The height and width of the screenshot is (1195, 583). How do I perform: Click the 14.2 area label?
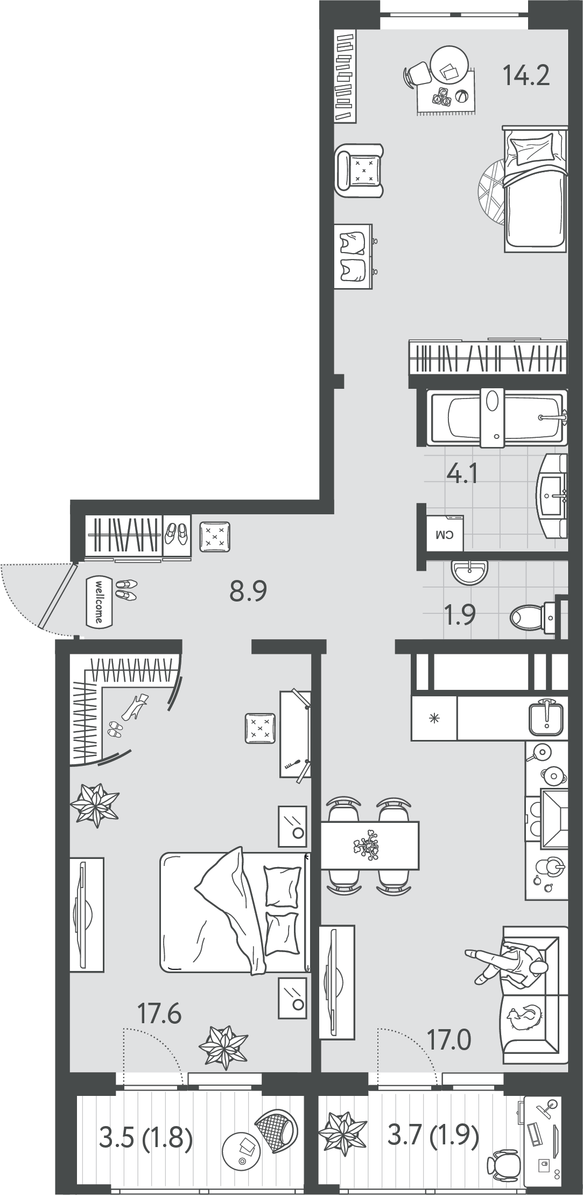526,75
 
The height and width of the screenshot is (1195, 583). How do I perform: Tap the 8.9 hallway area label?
248,592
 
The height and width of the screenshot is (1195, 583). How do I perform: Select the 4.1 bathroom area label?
462,475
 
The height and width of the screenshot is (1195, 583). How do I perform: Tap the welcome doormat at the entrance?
99,602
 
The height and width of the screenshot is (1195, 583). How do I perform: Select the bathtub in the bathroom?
496,417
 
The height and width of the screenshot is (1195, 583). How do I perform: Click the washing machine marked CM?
445,533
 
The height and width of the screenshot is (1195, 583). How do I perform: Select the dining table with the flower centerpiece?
370,845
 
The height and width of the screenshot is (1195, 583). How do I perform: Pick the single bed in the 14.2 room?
535,189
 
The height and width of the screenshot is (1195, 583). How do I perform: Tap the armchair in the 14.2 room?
359,170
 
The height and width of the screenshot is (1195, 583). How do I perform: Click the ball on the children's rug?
461,97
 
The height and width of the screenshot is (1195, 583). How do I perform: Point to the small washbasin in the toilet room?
470,572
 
